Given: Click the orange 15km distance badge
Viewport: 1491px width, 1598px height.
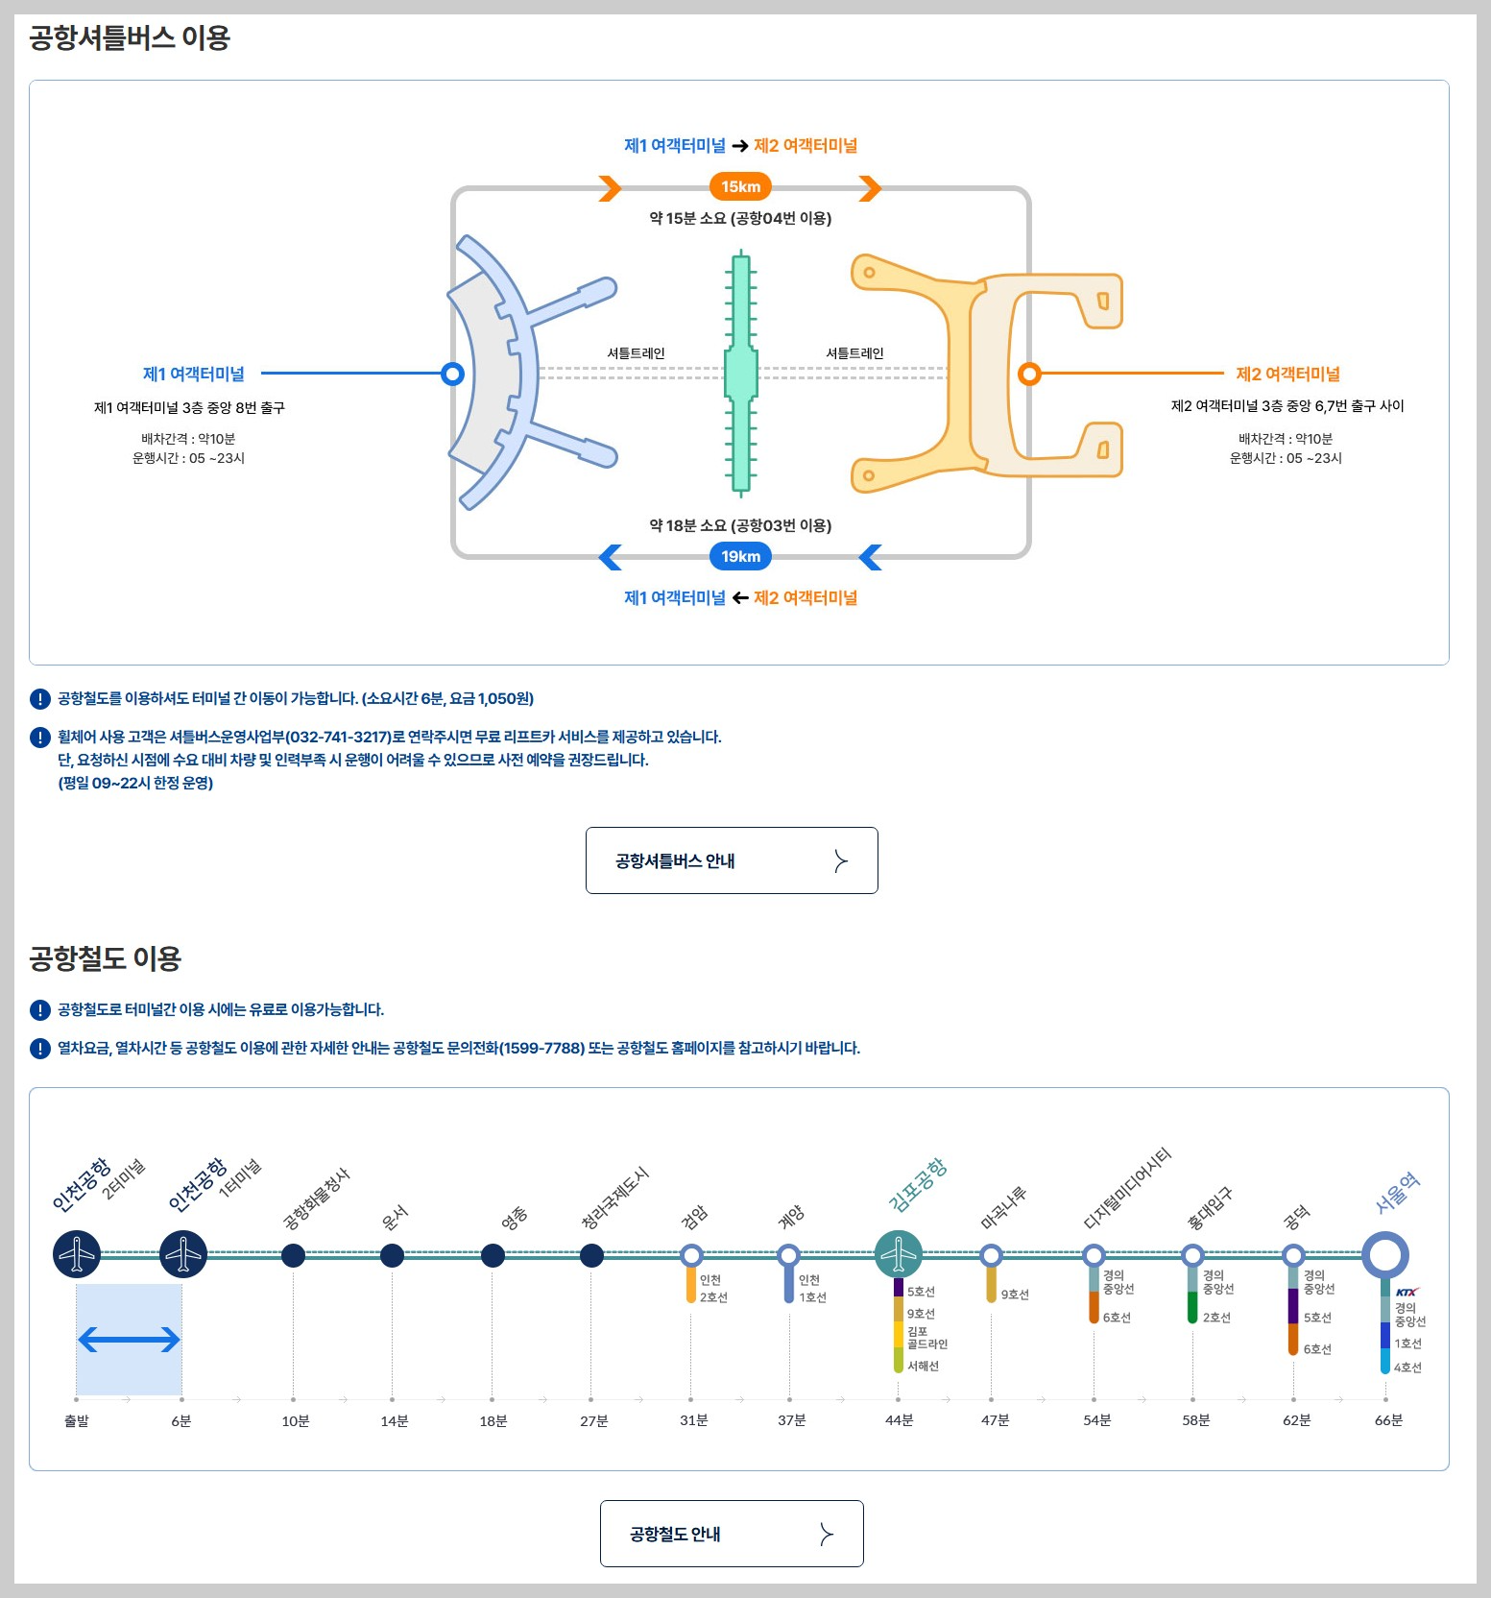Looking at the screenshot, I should (740, 187).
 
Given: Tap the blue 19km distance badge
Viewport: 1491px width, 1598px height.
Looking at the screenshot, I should (740, 557).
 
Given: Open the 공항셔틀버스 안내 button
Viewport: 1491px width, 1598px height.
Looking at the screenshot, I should (732, 860).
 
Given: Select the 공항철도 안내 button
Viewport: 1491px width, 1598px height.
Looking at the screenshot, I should (732, 1534).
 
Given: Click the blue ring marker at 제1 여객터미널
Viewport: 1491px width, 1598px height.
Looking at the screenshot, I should (453, 374).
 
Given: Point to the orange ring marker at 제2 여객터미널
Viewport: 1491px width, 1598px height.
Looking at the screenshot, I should (1029, 374).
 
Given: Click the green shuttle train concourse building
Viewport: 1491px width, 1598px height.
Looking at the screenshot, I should (740, 373).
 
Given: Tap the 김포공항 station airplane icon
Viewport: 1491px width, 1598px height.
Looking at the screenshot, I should (899, 1254).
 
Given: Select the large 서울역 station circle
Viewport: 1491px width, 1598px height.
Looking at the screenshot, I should (1384, 1254).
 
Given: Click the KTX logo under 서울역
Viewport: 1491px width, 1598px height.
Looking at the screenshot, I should (1407, 1292).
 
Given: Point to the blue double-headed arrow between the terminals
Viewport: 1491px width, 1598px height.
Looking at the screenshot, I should (129, 1340).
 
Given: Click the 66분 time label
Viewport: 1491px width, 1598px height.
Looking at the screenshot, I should (1388, 1420).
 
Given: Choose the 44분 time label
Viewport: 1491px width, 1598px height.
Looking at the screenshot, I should (899, 1420).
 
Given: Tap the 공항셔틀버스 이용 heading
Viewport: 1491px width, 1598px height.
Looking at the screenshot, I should (130, 38).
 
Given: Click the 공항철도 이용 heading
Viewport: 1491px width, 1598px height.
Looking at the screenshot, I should (106, 958).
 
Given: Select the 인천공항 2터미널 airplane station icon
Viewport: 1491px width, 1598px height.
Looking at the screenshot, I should (77, 1254).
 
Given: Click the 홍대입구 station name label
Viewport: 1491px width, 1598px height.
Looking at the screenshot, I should (1210, 1209).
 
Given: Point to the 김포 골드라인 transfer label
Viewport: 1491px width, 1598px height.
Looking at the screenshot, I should (926, 1338).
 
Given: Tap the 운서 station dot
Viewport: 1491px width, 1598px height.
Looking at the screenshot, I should (392, 1255).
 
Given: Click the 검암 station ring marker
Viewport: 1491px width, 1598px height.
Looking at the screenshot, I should (691, 1255).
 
